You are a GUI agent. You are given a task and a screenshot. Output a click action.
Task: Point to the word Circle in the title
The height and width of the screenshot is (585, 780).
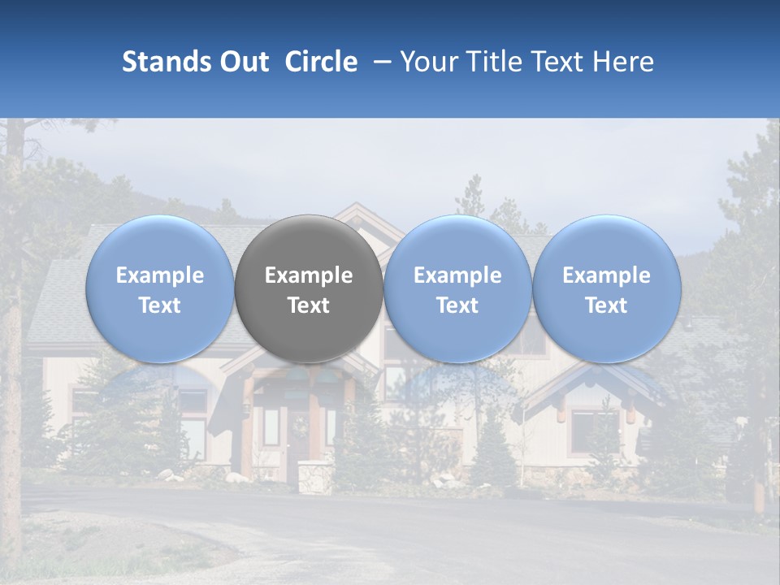pos(321,62)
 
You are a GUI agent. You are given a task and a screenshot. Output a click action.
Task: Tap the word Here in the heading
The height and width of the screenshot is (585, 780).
pos(624,62)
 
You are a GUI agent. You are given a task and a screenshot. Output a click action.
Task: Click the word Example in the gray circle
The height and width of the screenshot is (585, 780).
pos(309,275)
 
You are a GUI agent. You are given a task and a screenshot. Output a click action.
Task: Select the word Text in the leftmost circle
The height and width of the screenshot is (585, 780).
pos(159,305)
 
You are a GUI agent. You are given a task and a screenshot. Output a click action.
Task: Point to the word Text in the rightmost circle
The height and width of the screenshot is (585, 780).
pos(606,305)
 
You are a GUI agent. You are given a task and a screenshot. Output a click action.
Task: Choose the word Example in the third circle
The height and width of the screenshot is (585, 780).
pos(457,275)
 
